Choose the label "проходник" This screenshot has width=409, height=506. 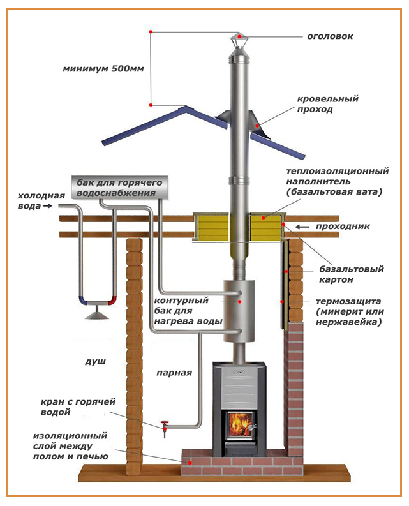pyautogui.click(x=348, y=226)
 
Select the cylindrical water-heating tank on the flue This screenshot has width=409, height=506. pyautogui.click(x=239, y=309)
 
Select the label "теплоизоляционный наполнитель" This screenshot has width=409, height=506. pyautogui.click(x=338, y=181)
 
